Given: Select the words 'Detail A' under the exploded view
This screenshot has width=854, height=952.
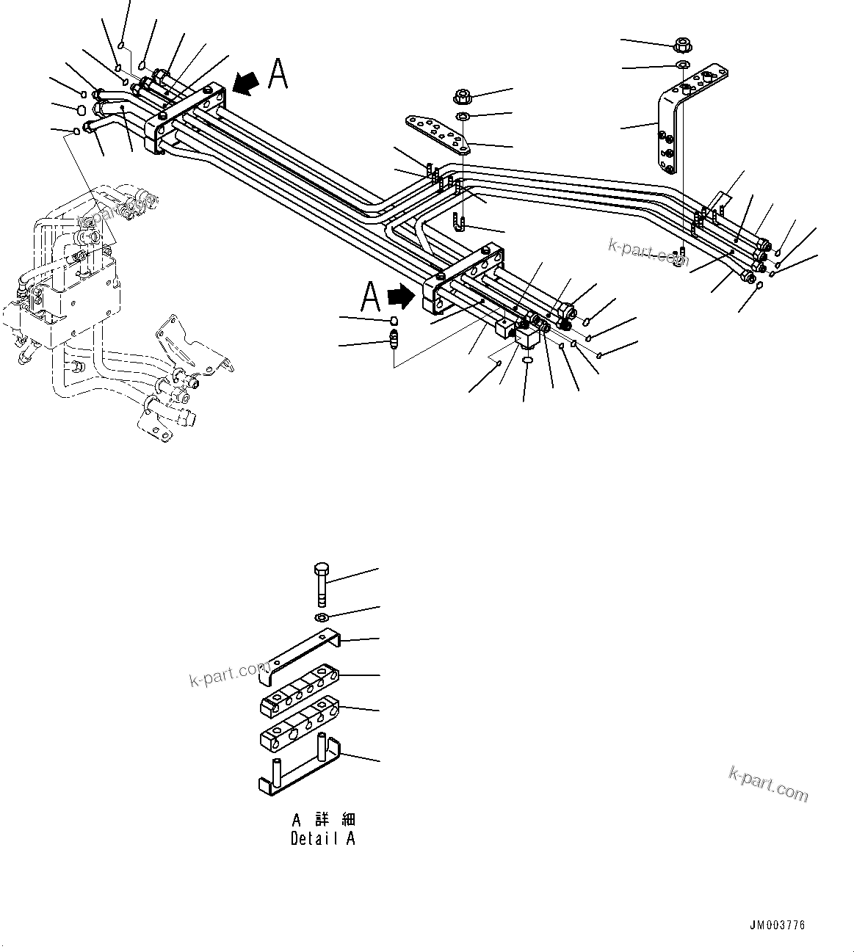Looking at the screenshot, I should [x=322, y=839].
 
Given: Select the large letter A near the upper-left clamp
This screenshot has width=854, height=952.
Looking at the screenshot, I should [x=278, y=75].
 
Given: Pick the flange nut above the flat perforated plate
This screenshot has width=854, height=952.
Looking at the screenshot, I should [x=463, y=95].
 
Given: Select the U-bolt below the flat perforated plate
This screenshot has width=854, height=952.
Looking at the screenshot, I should [x=460, y=221].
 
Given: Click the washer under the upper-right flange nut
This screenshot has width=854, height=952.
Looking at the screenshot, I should [x=682, y=67].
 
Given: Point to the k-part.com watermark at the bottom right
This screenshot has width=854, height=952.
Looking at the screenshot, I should [x=768, y=784].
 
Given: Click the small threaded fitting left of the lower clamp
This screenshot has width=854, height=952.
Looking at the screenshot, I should [x=394, y=339].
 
